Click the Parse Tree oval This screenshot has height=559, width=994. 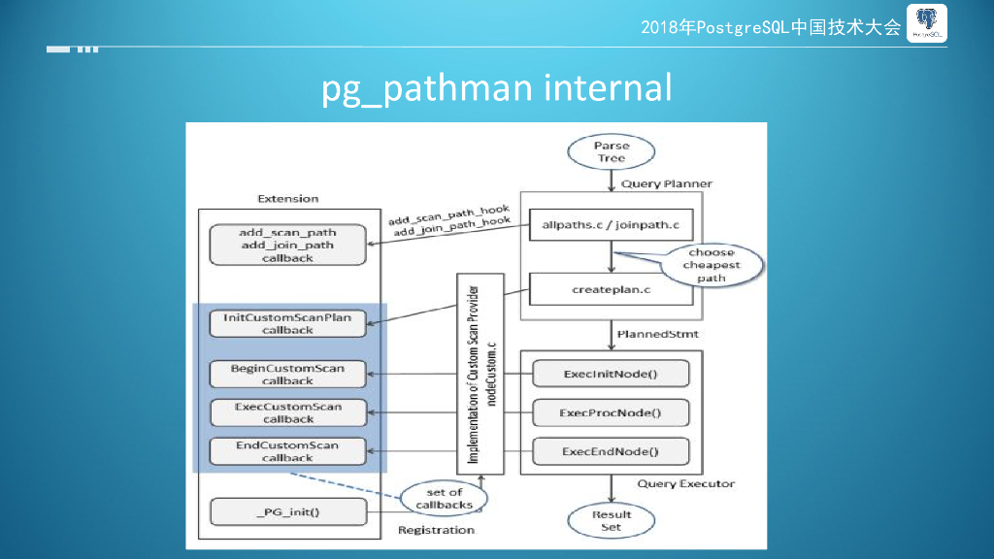coord(612,152)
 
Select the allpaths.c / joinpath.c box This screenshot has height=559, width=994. coord(611,225)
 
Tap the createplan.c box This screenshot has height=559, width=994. coord(611,289)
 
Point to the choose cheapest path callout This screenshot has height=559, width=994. coord(711,265)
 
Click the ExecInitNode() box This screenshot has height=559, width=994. coord(611,374)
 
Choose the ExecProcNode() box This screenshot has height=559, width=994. coord(611,412)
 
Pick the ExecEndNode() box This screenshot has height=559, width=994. coord(611,451)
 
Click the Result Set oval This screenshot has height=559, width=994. coord(612,520)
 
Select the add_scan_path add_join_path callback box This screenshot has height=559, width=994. coord(287,245)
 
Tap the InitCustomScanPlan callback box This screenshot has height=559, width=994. coord(287,323)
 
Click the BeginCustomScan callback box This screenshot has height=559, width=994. coord(287,375)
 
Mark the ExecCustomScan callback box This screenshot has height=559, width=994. coord(287,412)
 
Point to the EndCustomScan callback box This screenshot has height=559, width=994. coord(287,451)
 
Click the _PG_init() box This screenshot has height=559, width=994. coord(287,511)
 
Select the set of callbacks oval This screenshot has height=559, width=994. coord(445,498)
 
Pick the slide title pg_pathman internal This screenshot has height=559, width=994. coord(496,88)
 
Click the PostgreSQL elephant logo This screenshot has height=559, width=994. coord(926,24)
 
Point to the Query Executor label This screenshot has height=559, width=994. coord(685,483)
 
